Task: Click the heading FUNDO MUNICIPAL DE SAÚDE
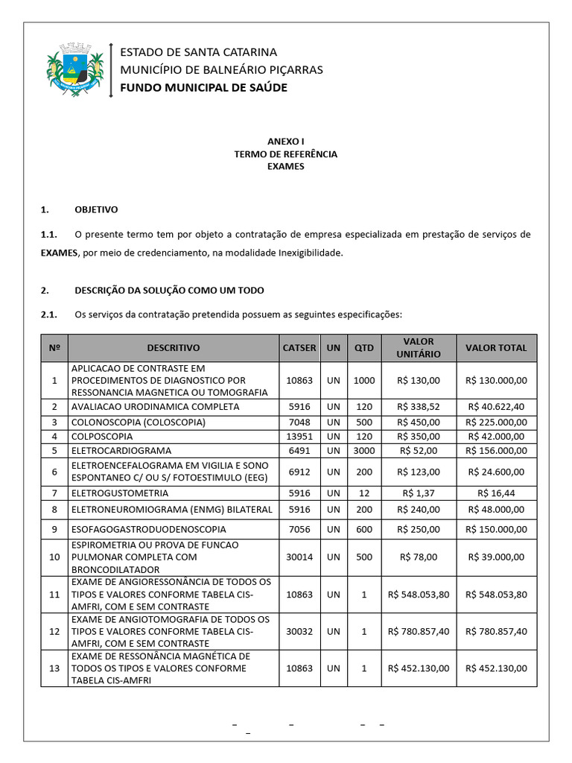pos(203,88)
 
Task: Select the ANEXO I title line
pos(285,141)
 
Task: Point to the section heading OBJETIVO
pos(96,209)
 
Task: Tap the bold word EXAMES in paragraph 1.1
pos(59,253)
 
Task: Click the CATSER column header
pos(299,348)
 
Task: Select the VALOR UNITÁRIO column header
pos(419,348)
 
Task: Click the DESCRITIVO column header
pos(174,348)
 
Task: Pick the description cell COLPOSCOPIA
pos(102,436)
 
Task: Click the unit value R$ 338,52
pos(419,407)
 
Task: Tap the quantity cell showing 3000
pos(364,451)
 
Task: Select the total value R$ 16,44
pos(496,493)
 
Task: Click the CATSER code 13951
pos(299,436)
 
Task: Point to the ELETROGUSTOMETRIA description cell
pos(119,493)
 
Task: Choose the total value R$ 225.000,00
pos(496,422)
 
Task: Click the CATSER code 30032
pos(299,631)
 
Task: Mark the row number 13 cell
pos(54,668)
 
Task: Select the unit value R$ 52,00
pos(419,451)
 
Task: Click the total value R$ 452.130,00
pos(496,668)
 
